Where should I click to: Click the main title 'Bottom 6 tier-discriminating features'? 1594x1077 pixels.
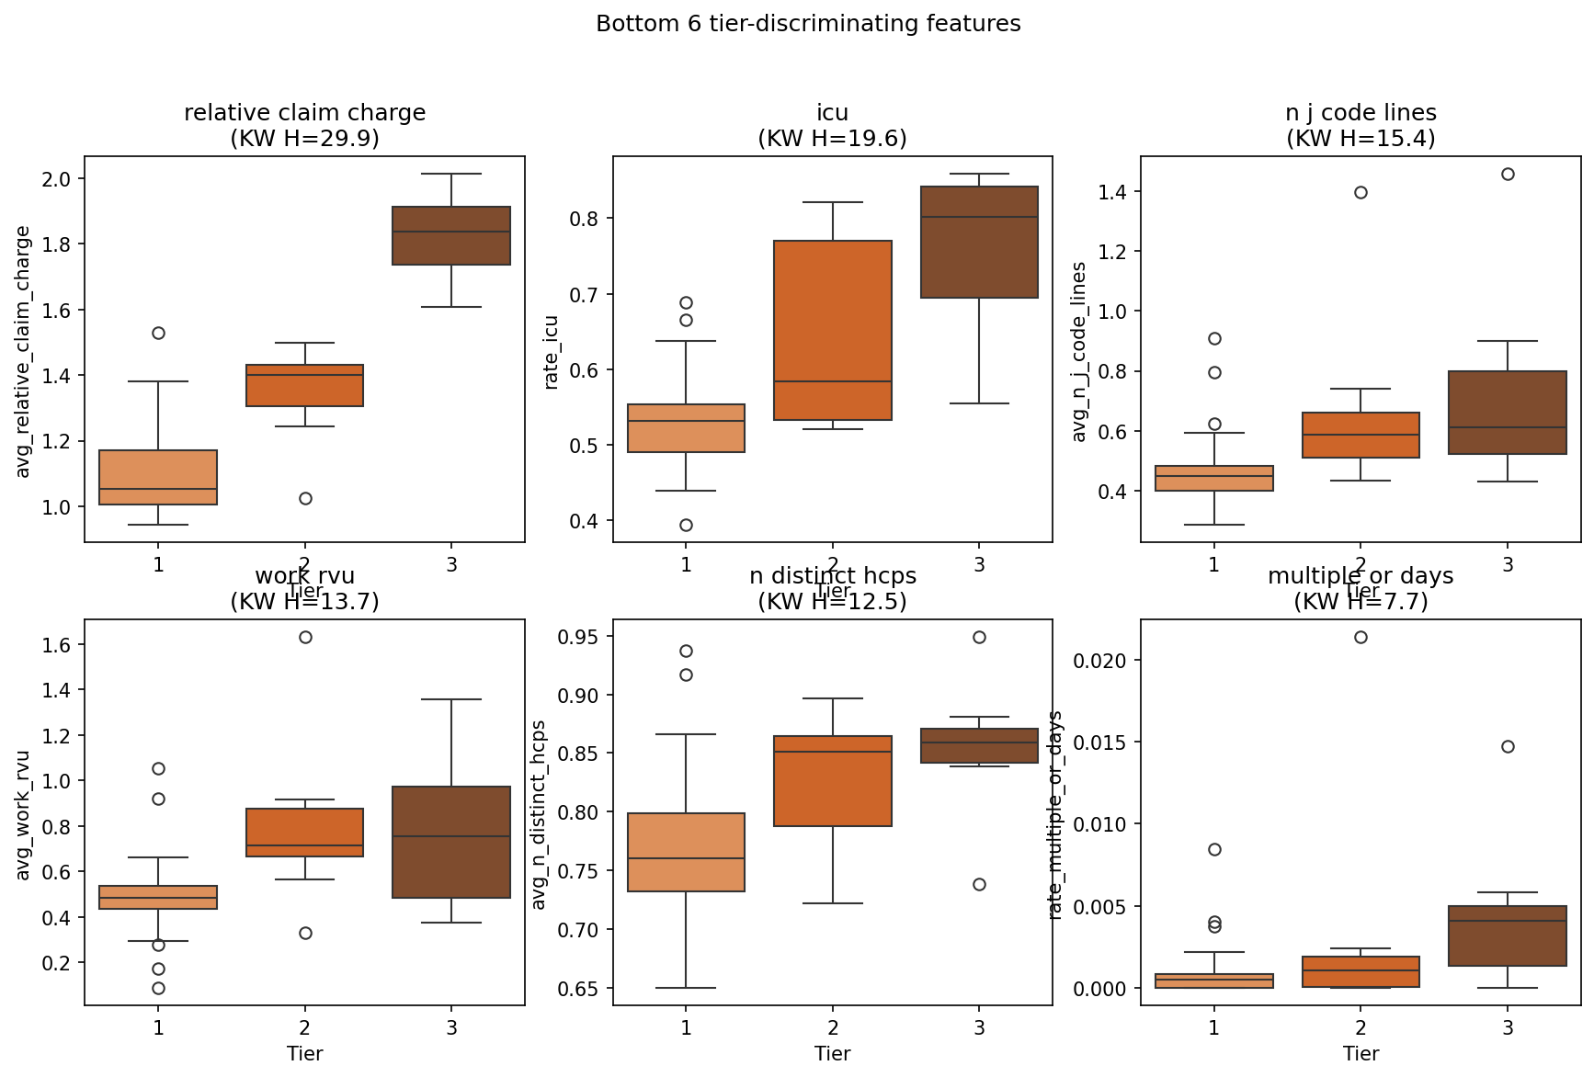pos(808,24)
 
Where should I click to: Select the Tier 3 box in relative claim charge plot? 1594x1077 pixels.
pos(451,236)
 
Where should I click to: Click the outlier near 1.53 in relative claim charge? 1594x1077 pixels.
pos(158,333)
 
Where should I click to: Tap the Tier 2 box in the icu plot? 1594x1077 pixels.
pos(833,330)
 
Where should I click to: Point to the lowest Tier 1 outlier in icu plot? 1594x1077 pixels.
pos(686,525)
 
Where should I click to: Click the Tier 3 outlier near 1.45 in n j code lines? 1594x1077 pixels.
pos(1508,174)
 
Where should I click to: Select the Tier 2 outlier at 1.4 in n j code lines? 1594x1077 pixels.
pos(1361,192)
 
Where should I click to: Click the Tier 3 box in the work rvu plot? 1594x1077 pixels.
pos(451,842)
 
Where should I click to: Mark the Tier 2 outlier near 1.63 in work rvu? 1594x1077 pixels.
pos(305,637)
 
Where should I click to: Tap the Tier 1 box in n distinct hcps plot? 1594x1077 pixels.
pos(686,852)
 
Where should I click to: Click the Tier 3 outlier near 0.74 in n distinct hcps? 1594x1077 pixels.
pos(979,884)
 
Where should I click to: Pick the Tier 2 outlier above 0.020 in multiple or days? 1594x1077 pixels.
pos(1361,637)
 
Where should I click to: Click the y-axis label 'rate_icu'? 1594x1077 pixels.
pos(552,352)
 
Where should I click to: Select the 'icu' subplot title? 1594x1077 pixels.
pos(832,113)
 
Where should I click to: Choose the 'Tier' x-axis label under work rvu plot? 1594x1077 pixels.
pos(304,1053)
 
